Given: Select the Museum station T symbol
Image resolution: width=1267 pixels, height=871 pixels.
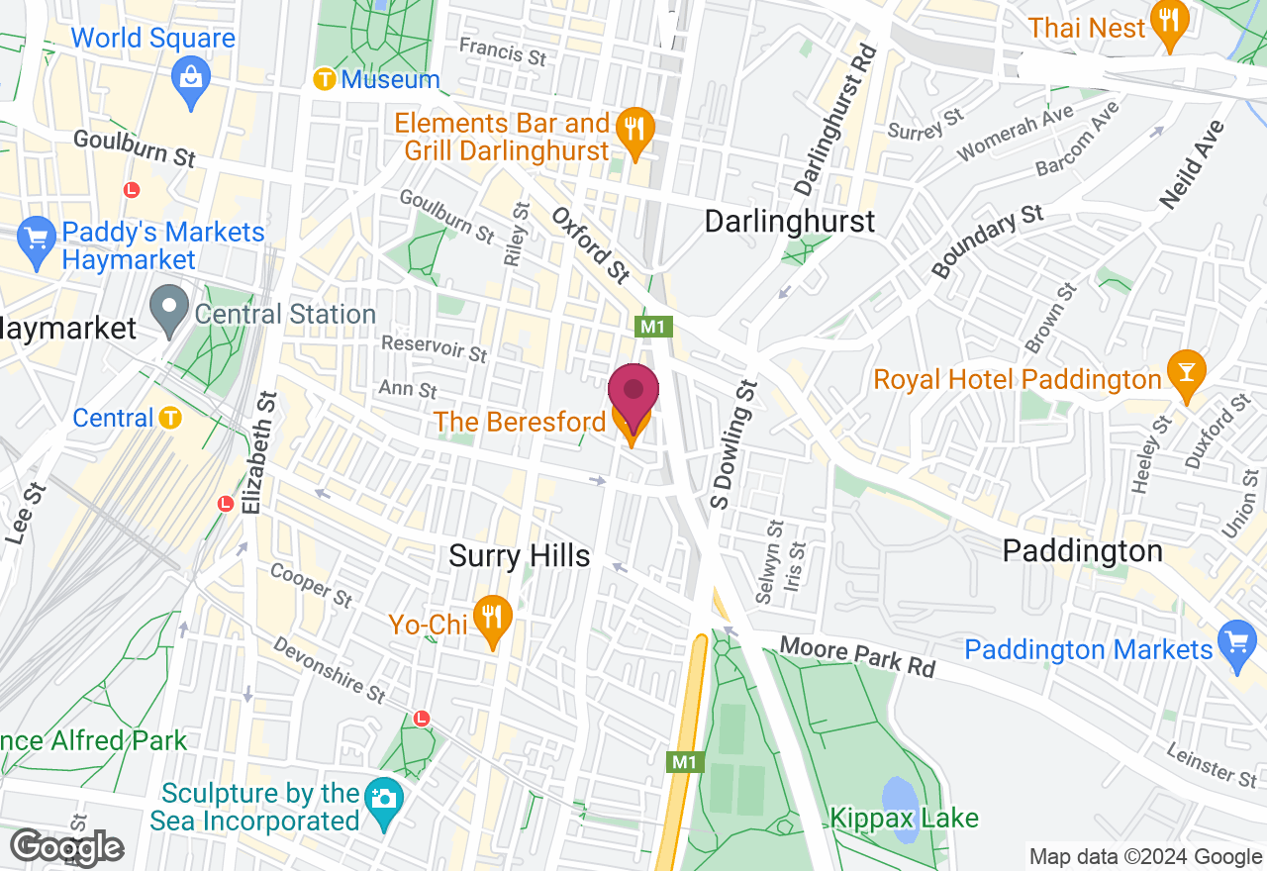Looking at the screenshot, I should click(324, 79).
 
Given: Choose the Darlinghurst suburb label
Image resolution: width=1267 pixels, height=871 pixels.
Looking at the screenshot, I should click(790, 221).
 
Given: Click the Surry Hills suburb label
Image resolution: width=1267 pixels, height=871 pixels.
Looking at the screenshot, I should click(520, 556).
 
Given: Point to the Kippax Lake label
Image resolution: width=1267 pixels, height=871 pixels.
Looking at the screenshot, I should click(905, 819).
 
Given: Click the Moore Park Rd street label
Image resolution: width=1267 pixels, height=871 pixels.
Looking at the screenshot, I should click(857, 657).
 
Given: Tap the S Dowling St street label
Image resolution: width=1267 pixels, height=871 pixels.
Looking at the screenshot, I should click(732, 445).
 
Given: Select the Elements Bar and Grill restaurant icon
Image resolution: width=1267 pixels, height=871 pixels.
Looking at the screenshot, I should click(632, 132).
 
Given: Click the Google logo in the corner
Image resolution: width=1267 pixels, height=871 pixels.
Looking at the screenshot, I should click(66, 847).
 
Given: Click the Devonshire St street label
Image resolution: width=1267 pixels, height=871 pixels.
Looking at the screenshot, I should click(329, 670).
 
